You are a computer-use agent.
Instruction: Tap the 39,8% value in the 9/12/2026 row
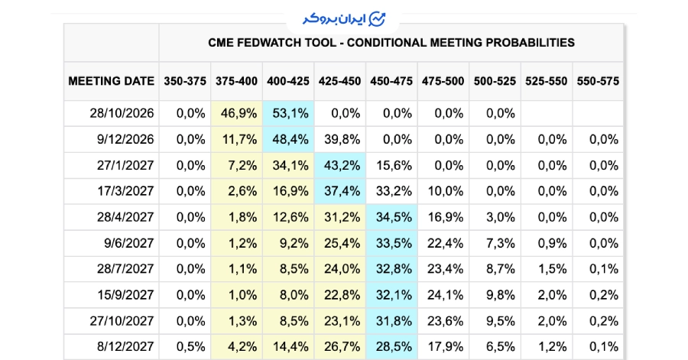tap(342, 139)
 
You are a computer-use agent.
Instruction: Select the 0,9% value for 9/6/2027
tap(553, 243)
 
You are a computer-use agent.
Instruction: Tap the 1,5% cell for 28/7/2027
tap(553, 269)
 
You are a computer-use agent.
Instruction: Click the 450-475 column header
tap(391, 81)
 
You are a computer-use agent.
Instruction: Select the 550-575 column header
tap(598, 81)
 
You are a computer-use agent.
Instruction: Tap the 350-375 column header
tap(185, 81)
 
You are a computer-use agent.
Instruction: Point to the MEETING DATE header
tap(112, 81)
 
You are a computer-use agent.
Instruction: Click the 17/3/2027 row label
tap(125, 191)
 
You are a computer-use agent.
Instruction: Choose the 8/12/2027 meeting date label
tap(125, 347)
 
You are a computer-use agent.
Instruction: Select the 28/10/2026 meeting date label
tap(122, 114)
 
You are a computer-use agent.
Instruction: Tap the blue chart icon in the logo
tap(377, 19)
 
